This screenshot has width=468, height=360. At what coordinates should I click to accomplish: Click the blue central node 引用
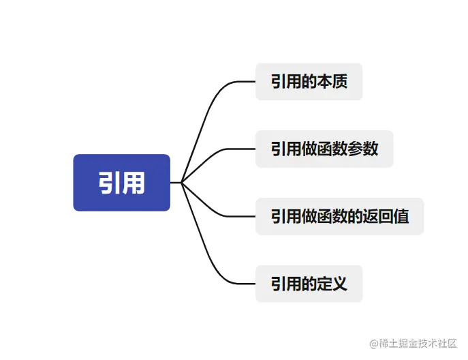(121, 183)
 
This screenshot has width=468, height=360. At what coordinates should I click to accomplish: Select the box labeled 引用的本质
(309, 82)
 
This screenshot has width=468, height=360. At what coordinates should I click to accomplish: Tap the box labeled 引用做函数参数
(324, 149)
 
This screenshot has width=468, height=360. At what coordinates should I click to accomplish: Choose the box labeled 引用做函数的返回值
(339, 216)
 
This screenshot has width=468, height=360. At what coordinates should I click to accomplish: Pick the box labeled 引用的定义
(309, 283)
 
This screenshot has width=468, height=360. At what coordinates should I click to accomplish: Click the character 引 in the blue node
(110, 183)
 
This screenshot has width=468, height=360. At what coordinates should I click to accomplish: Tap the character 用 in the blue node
(134, 183)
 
